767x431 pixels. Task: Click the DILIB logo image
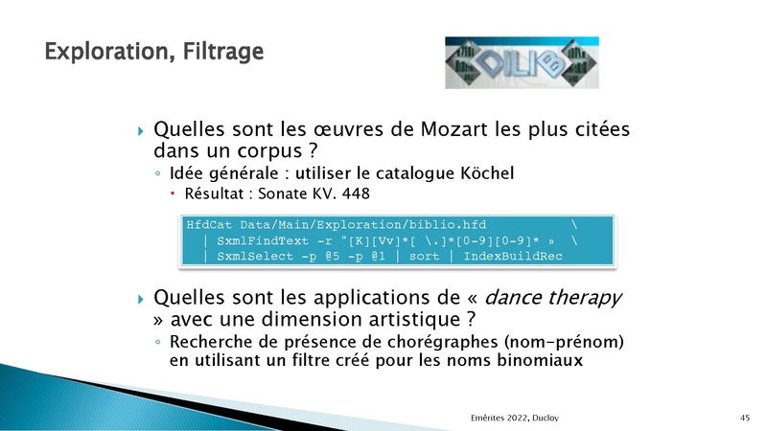click(522, 62)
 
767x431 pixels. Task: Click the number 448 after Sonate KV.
click(356, 193)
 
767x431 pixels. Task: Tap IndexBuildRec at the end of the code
click(513, 256)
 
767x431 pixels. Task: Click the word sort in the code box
click(424, 257)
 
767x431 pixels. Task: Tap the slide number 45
click(745, 418)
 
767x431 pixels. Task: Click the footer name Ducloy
click(546, 418)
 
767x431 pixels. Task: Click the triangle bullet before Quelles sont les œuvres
click(141, 131)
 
